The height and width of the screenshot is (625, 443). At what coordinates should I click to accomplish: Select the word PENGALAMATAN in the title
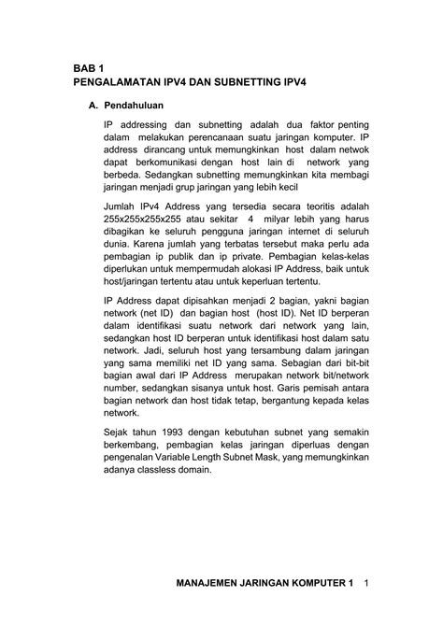coord(114,83)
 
